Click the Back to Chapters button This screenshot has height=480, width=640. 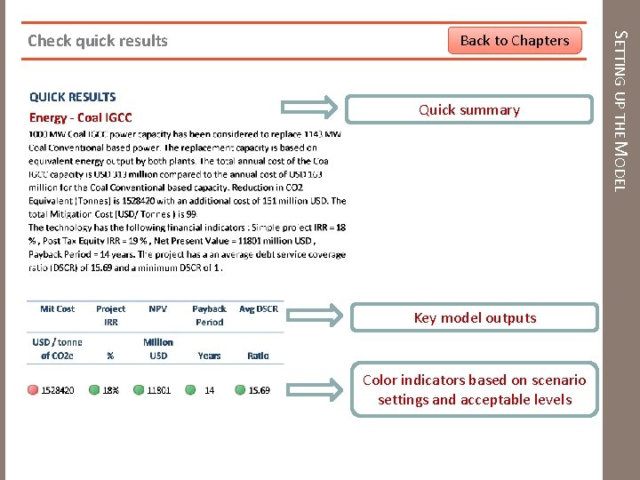tap(515, 40)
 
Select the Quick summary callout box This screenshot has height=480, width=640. tap(469, 109)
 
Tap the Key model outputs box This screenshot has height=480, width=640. tap(475, 317)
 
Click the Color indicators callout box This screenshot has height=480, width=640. tap(475, 389)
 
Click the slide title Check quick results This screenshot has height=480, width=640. tap(98, 40)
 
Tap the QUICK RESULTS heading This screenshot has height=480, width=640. tap(73, 97)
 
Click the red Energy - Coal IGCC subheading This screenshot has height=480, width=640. tap(81, 117)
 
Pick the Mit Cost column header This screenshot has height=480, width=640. tap(58, 309)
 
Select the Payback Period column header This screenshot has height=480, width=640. tap(210, 316)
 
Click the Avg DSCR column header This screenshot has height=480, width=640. tap(259, 309)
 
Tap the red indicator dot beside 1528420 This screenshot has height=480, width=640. tap(34, 389)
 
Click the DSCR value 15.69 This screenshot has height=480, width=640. tap(259, 389)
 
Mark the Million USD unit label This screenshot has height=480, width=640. tap(158, 348)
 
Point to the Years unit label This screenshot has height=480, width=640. tap(210, 356)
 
